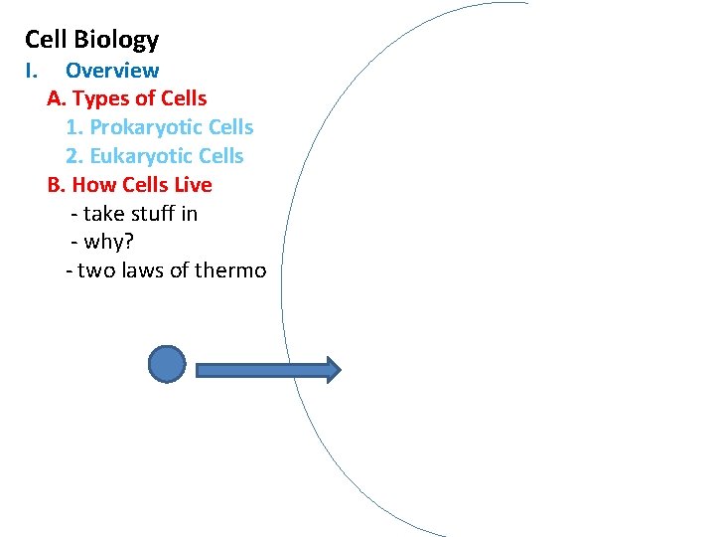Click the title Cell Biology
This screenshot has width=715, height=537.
click(91, 40)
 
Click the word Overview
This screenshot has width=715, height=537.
click(112, 71)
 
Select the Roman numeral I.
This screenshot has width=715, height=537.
click(30, 71)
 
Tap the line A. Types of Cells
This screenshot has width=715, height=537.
click(127, 98)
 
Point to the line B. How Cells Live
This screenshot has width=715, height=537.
click(129, 185)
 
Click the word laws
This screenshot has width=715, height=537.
click(144, 270)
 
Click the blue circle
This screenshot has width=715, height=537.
click(167, 364)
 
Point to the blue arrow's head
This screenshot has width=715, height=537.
click(333, 370)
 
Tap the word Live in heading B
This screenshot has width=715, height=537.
click(194, 185)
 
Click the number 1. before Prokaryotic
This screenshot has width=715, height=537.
click(74, 127)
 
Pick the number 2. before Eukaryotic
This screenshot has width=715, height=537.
click(74, 156)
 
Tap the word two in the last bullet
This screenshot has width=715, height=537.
click(95, 270)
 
